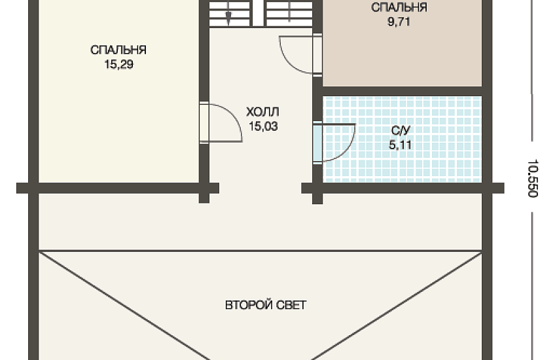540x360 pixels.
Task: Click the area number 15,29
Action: [119, 64]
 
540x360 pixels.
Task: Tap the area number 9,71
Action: [399, 22]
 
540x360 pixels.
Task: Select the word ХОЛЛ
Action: [262, 112]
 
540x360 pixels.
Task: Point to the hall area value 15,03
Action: [263, 126]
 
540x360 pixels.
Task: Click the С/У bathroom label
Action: [401, 130]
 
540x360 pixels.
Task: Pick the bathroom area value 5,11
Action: [401, 145]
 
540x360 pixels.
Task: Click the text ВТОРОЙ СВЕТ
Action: [266, 305]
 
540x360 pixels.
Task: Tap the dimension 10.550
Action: [532, 178]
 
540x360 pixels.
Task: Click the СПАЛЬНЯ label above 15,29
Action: [118, 50]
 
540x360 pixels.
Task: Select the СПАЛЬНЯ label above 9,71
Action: [399, 7]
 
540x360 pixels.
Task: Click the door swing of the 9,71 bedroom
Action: [296, 54]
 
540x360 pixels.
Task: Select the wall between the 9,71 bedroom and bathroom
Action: [402, 91]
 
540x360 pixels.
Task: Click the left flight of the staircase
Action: [230, 13]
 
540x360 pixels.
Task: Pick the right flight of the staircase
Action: [289, 13]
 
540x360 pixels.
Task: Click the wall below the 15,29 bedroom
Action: [118, 188]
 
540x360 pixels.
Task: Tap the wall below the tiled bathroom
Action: [403, 188]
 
